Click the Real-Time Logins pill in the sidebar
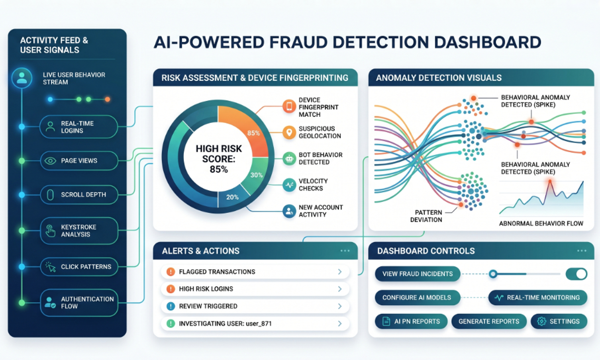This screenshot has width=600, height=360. click(x=79, y=127)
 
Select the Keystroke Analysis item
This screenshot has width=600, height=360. click(x=79, y=231)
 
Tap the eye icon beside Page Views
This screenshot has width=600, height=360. click(x=50, y=161)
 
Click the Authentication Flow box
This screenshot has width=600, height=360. click(x=79, y=303)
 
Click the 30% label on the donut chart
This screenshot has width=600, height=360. click(x=256, y=175)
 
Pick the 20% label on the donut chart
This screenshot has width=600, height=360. click(x=232, y=197)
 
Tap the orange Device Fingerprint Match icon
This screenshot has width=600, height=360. click(x=289, y=107)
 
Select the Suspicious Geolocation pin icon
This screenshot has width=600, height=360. click(x=289, y=133)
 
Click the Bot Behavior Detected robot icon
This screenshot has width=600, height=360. click(x=289, y=158)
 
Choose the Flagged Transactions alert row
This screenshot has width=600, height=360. click(x=255, y=272)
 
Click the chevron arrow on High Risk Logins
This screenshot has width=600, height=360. click(x=340, y=289)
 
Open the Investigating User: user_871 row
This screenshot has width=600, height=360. click(x=255, y=323)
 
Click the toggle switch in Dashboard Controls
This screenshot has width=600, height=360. click(x=576, y=274)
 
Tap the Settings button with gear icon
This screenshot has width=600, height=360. click(x=559, y=322)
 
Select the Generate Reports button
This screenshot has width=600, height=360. click(x=488, y=322)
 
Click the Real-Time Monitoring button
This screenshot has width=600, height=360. click(x=538, y=298)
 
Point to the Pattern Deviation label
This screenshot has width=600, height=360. click(x=426, y=216)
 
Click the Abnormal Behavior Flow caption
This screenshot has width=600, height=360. click(x=541, y=224)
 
